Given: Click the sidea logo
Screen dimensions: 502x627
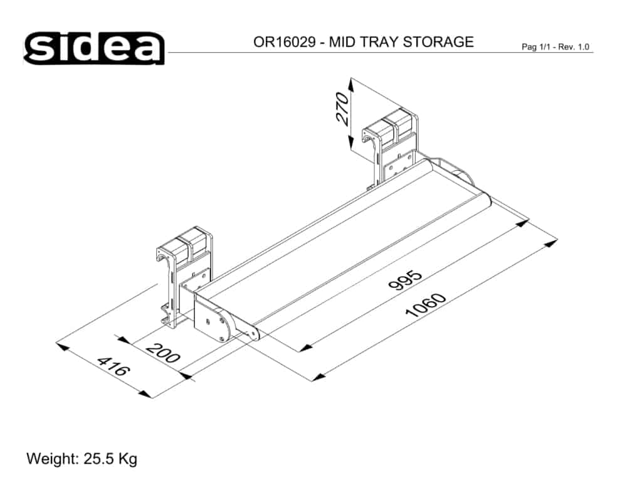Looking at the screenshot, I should point(94,48).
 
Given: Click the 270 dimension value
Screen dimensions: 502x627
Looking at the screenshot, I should point(342,109).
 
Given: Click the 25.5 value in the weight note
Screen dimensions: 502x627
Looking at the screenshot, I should point(99,459).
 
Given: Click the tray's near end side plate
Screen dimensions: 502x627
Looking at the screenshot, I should point(213,320).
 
